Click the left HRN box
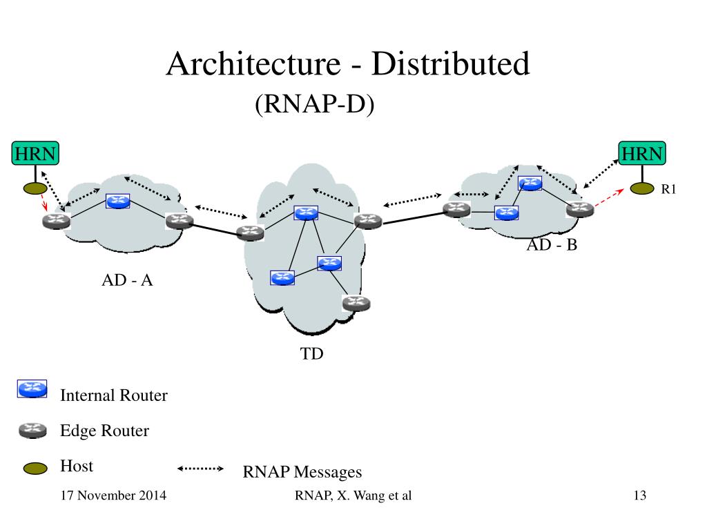(35, 153)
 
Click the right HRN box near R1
(642, 153)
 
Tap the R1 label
(668, 190)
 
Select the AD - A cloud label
(127, 280)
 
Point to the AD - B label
(552, 245)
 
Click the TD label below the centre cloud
(311, 355)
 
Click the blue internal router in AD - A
(117, 201)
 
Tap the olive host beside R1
(642, 188)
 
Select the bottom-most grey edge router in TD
(356, 302)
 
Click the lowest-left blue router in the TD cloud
(282, 277)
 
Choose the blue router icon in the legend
(32, 389)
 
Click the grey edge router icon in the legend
(32, 431)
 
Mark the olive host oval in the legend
(35, 469)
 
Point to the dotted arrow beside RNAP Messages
(201, 469)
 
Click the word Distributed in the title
(450, 64)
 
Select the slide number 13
(639, 495)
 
